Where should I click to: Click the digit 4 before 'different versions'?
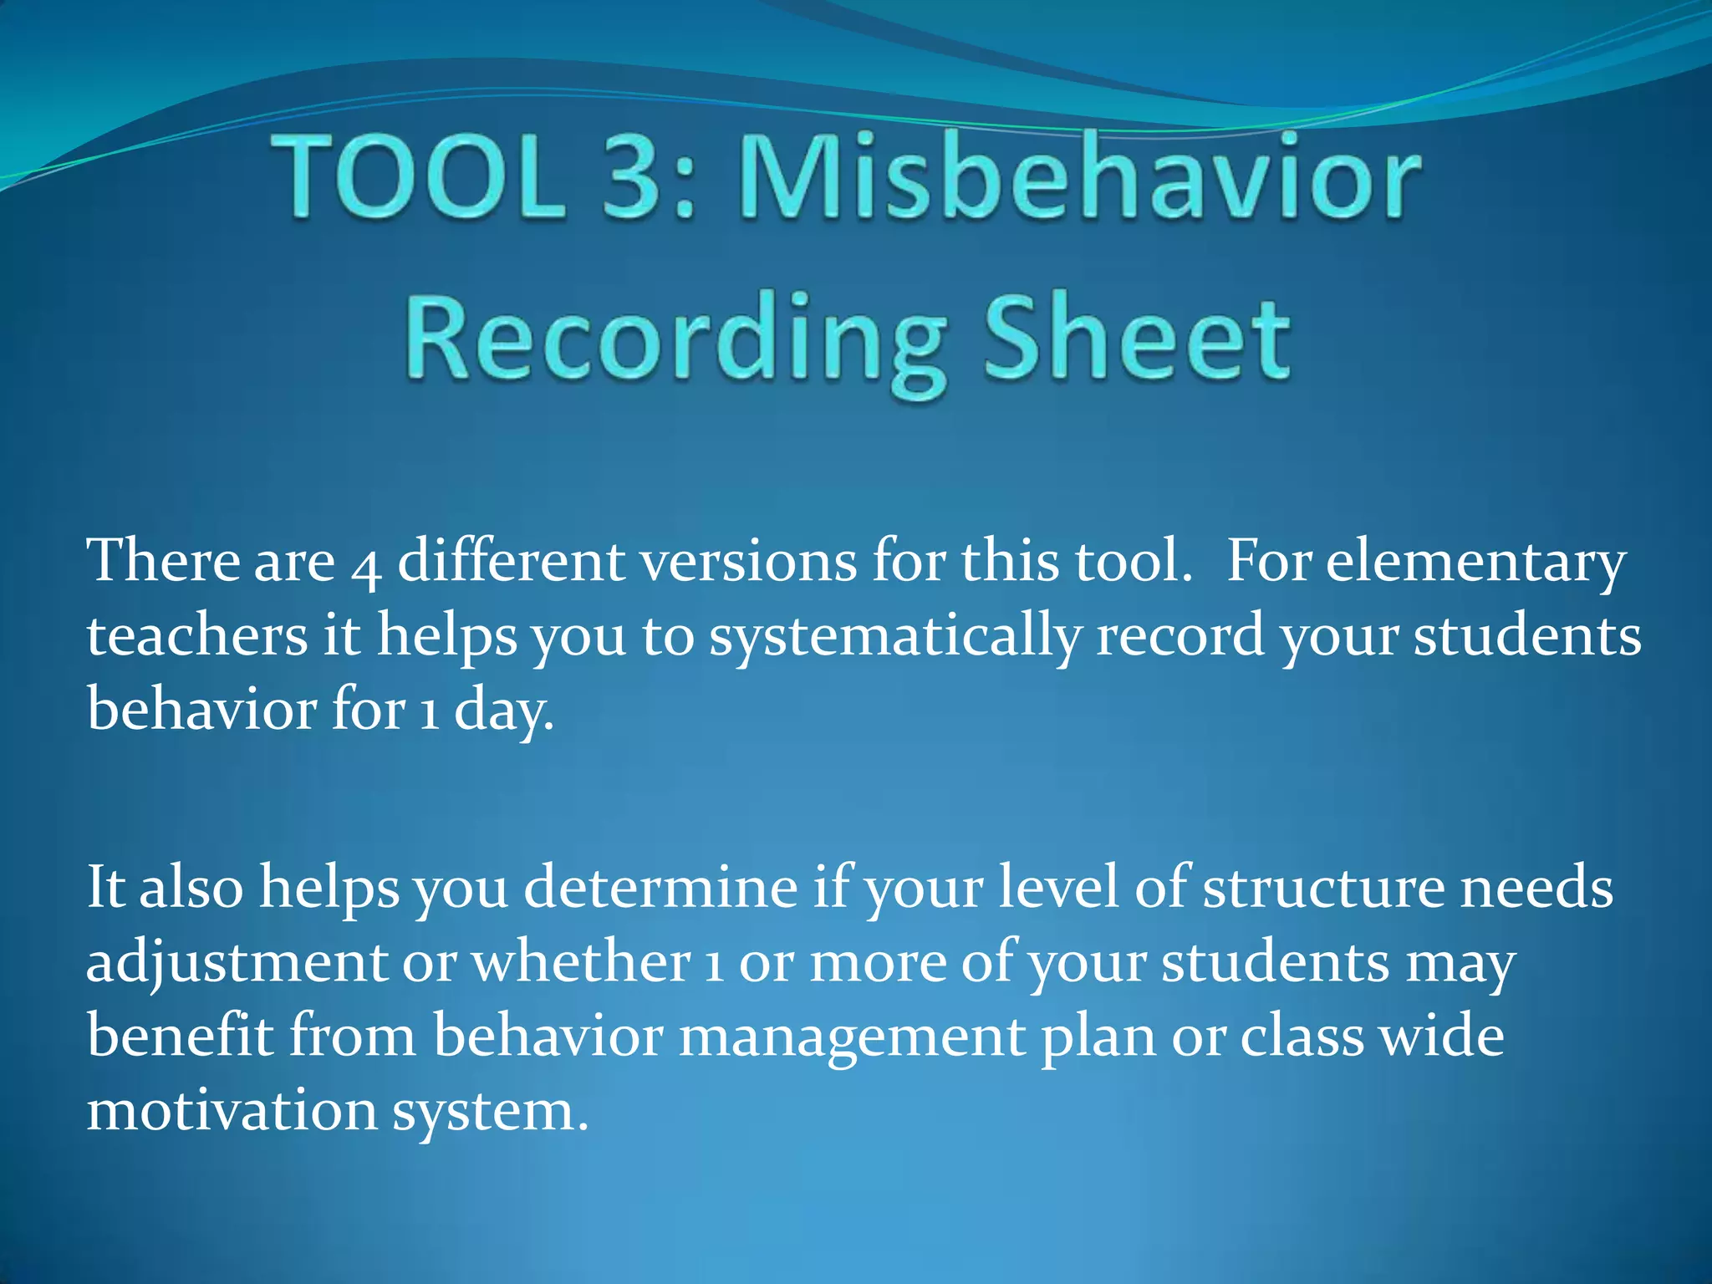(366, 566)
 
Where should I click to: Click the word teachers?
(197, 635)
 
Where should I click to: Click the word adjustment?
(237, 964)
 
